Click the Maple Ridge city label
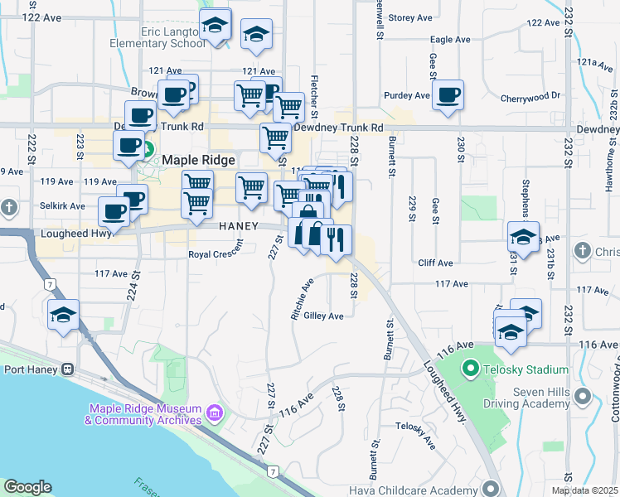coord(199,159)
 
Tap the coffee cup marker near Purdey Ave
coord(448,95)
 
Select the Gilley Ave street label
coord(323,316)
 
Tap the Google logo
coord(27,487)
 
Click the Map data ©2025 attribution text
coord(584,490)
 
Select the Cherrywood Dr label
coord(530,98)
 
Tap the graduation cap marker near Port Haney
coord(64,316)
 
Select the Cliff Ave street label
coord(435,263)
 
